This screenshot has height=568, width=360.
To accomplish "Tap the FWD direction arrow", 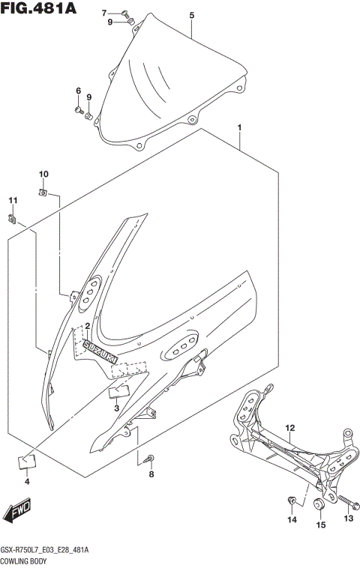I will point(16,512).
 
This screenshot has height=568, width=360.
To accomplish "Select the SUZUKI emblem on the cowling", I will point(100,350).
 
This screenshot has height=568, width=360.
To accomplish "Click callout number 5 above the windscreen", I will point(191,15).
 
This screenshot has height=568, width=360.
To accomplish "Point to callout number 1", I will point(239,128).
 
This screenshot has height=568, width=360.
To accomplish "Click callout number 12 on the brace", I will point(289,428).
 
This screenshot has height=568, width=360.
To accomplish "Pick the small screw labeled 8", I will point(151,458).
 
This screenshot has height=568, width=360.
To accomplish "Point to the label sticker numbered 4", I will point(26,462).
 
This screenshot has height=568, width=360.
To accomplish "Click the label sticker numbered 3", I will point(118,390).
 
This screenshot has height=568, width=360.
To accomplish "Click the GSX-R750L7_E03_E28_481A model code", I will point(45,550).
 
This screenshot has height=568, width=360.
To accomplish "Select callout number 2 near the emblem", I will point(87,326).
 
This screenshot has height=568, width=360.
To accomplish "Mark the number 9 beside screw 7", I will point(109,22).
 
